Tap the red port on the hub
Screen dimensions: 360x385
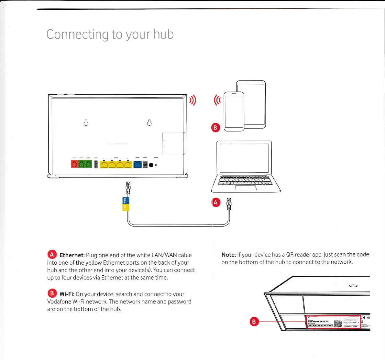click(x=74, y=164)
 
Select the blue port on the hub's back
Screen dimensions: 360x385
click(x=137, y=164)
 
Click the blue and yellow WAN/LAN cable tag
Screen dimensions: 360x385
click(x=126, y=204)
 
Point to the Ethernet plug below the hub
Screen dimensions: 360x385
click(x=128, y=187)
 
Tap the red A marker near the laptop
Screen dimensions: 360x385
click(x=216, y=203)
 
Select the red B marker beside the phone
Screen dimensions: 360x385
click(x=215, y=127)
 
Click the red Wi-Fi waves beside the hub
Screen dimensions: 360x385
click(x=193, y=101)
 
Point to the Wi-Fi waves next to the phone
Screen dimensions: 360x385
click(x=217, y=100)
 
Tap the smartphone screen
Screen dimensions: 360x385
click(x=234, y=111)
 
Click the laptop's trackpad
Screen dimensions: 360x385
click(x=246, y=188)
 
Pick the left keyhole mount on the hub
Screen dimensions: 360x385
click(x=86, y=123)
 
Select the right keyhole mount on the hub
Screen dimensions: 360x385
click(x=149, y=123)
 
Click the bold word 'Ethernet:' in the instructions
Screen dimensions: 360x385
click(x=72, y=255)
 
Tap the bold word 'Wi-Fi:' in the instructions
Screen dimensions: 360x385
click(x=67, y=294)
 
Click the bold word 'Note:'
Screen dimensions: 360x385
click(x=228, y=255)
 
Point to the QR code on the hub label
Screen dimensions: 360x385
click(x=338, y=323)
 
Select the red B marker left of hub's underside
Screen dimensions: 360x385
click(x=254, y=322)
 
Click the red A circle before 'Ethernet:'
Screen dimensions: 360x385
click(x=52, y=254)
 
